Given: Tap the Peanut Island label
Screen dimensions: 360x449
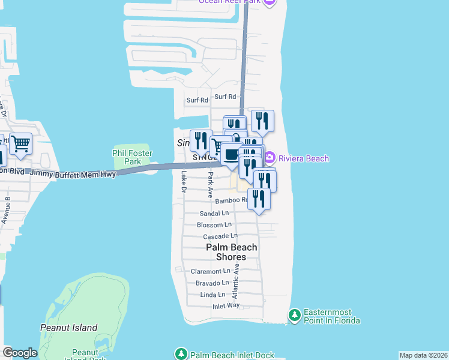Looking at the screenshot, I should pos(68,328).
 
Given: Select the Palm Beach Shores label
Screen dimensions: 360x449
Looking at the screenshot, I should pos(232,252).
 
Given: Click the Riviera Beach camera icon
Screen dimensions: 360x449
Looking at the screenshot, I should pos(270,158).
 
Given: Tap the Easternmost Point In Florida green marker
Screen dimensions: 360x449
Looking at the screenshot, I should pos(294,314).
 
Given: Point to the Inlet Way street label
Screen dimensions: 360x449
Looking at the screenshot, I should pos(226,306).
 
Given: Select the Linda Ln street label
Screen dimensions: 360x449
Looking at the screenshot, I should pos(212,295).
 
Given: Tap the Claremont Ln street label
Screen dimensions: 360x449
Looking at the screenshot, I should pos(210,271).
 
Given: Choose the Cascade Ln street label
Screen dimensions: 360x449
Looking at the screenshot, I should pos(220,236).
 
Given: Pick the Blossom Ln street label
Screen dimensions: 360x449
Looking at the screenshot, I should pos(214,225).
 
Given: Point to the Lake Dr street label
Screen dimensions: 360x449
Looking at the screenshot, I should pos(184,182).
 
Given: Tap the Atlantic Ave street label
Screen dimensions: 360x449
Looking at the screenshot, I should pos(236,281).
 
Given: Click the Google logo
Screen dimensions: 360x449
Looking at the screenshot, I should pos(19,353).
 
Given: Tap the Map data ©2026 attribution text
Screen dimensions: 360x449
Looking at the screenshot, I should pos(423,355).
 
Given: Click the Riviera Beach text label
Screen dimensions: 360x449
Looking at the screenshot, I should pos(303,158).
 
